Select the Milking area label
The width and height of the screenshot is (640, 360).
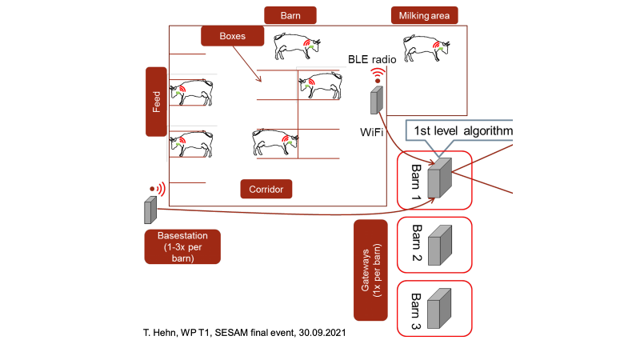[x=424, y=16]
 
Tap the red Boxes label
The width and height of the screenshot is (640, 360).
[x=232, y=35]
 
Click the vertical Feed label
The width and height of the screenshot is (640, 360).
[x=155, y=102]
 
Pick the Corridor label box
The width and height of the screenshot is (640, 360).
[x=266, y=189]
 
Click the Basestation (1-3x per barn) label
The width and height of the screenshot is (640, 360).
[x=183, y=246]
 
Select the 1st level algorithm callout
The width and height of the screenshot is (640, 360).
[x=460, y=130]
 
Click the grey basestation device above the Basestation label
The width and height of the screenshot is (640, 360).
[x=149, y=210]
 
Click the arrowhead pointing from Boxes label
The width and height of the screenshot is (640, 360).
[x=260, y=80]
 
